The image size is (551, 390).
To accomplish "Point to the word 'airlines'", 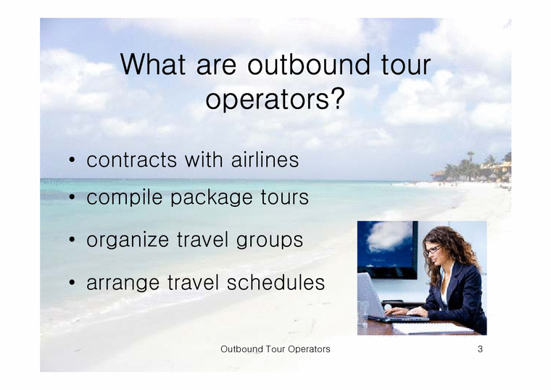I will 263,160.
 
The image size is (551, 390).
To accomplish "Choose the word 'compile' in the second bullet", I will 125,198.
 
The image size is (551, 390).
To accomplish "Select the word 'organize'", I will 129,240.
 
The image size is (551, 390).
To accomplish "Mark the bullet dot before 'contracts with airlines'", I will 73,161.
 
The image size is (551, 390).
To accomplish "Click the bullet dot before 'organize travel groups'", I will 73,241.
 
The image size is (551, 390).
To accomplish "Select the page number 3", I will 480,349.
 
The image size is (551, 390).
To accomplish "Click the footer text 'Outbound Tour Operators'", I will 275,349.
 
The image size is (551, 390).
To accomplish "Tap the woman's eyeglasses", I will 433,250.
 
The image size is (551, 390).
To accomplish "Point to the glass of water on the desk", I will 362,313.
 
